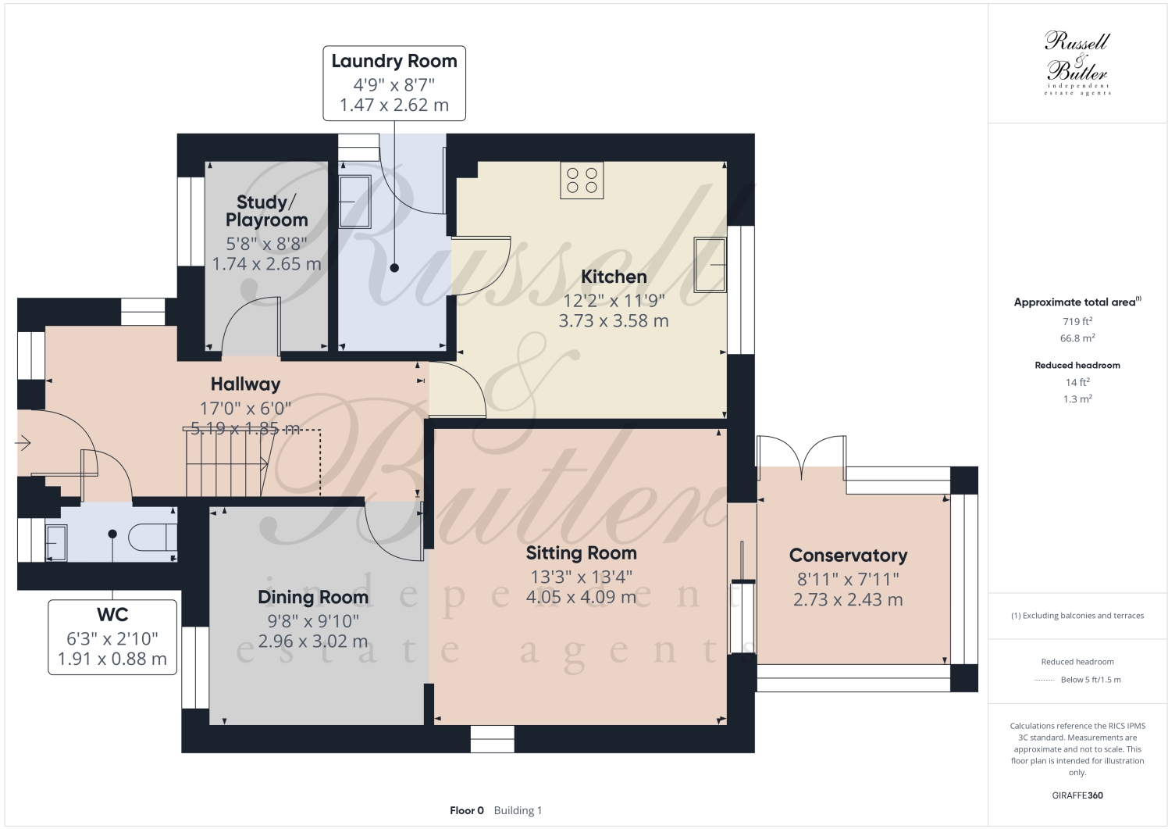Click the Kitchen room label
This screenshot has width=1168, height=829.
[614, 277]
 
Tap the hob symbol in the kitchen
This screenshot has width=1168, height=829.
[582, 180]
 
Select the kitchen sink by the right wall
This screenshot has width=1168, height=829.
[710, 264]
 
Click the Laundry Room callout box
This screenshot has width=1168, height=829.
[394, 83]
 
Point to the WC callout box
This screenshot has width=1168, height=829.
[112, 636]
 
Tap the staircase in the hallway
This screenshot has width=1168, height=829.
[226, 464]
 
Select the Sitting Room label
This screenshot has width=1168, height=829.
[581, 553]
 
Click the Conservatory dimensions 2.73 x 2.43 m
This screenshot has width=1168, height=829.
[848, 600]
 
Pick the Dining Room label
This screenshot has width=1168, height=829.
[313, 598]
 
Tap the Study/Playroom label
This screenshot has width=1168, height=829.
[266, 211]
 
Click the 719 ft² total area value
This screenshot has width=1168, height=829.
[1077, 321]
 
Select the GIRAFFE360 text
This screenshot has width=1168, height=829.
[1077, 795]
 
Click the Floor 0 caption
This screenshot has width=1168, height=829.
[467, 810]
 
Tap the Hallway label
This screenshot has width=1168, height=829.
[245, 384]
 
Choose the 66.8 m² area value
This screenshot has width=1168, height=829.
[1077, 338]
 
